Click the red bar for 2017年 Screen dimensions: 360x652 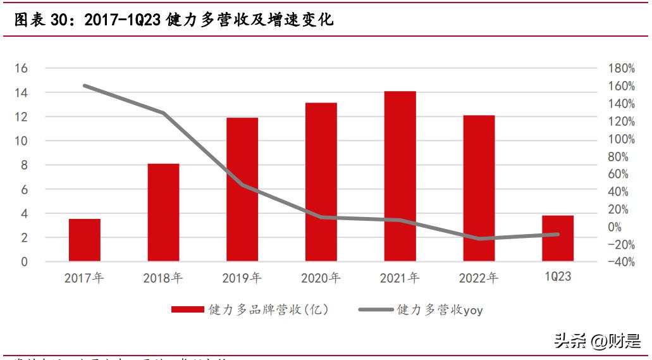[x=85, y=240]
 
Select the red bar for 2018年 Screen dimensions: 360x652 [x=163, y=213]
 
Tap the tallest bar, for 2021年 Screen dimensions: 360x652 [x=400, y=177]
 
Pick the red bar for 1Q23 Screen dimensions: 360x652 [x=557, y=239]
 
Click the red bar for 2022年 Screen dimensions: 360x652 [x=479, y=188]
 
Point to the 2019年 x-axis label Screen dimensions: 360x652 [x=242, y=277]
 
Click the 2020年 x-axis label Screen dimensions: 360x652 [x=321, y=277]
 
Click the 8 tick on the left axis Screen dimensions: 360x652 [x=24, y=165]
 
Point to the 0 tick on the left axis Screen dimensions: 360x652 [x=24, y=262]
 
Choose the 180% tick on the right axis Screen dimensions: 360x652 [x=620, y=68]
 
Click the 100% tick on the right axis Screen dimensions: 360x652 [x=620, y=139]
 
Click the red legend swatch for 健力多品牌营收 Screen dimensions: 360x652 [x=188, y=310]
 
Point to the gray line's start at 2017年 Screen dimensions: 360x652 [x=85, y=85]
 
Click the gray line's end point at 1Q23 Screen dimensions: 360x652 [x=557, y=234]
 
